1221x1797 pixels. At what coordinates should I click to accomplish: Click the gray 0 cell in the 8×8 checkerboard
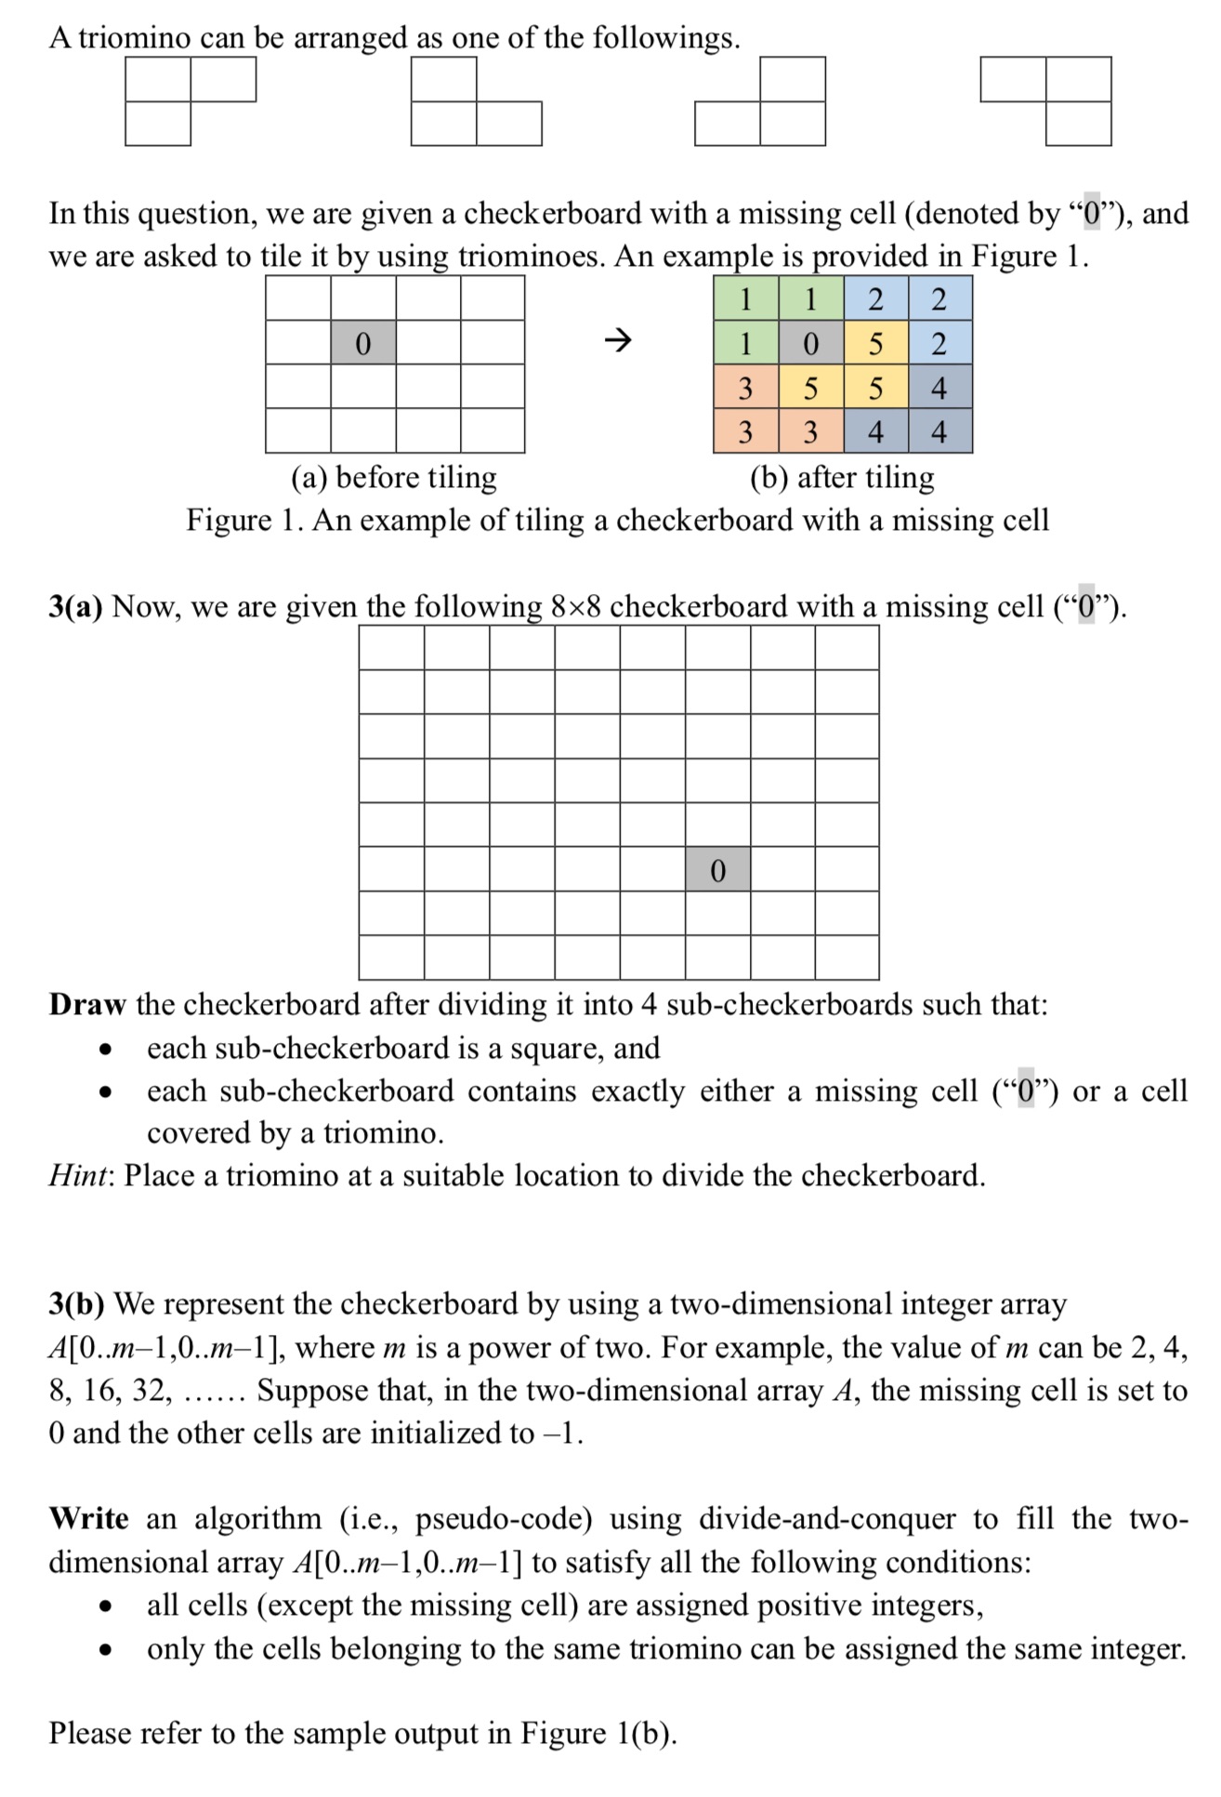[x=717, y=869]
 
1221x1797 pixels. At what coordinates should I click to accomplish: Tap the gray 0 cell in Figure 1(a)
[x=363, y=343]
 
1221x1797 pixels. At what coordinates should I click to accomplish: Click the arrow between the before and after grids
[x=618, y=341]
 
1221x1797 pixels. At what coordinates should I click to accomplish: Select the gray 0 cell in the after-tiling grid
[x=810, y=343]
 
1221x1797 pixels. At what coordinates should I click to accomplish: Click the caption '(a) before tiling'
[x=394, y=477]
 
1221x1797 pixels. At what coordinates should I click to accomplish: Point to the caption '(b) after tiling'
[x=842, y=477]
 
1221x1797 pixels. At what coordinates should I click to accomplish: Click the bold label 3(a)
[x=75, y=607]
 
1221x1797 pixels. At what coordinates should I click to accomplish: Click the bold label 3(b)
[x=76, y=1304]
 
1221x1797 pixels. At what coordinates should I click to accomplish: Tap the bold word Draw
[x=87, y=1005]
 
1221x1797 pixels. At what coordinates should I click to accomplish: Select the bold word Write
[x=89, y=1519]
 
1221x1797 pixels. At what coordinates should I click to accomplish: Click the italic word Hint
[x=79, y=1176]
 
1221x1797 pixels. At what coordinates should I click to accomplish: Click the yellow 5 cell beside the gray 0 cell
[x=875, y=343]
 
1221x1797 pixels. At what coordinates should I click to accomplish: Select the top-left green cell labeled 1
[x=745, y=299]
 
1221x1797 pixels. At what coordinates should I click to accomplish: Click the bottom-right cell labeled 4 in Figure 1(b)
[x=939, y=431]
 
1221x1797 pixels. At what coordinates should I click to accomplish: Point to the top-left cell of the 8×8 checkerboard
[x=392, y=647]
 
